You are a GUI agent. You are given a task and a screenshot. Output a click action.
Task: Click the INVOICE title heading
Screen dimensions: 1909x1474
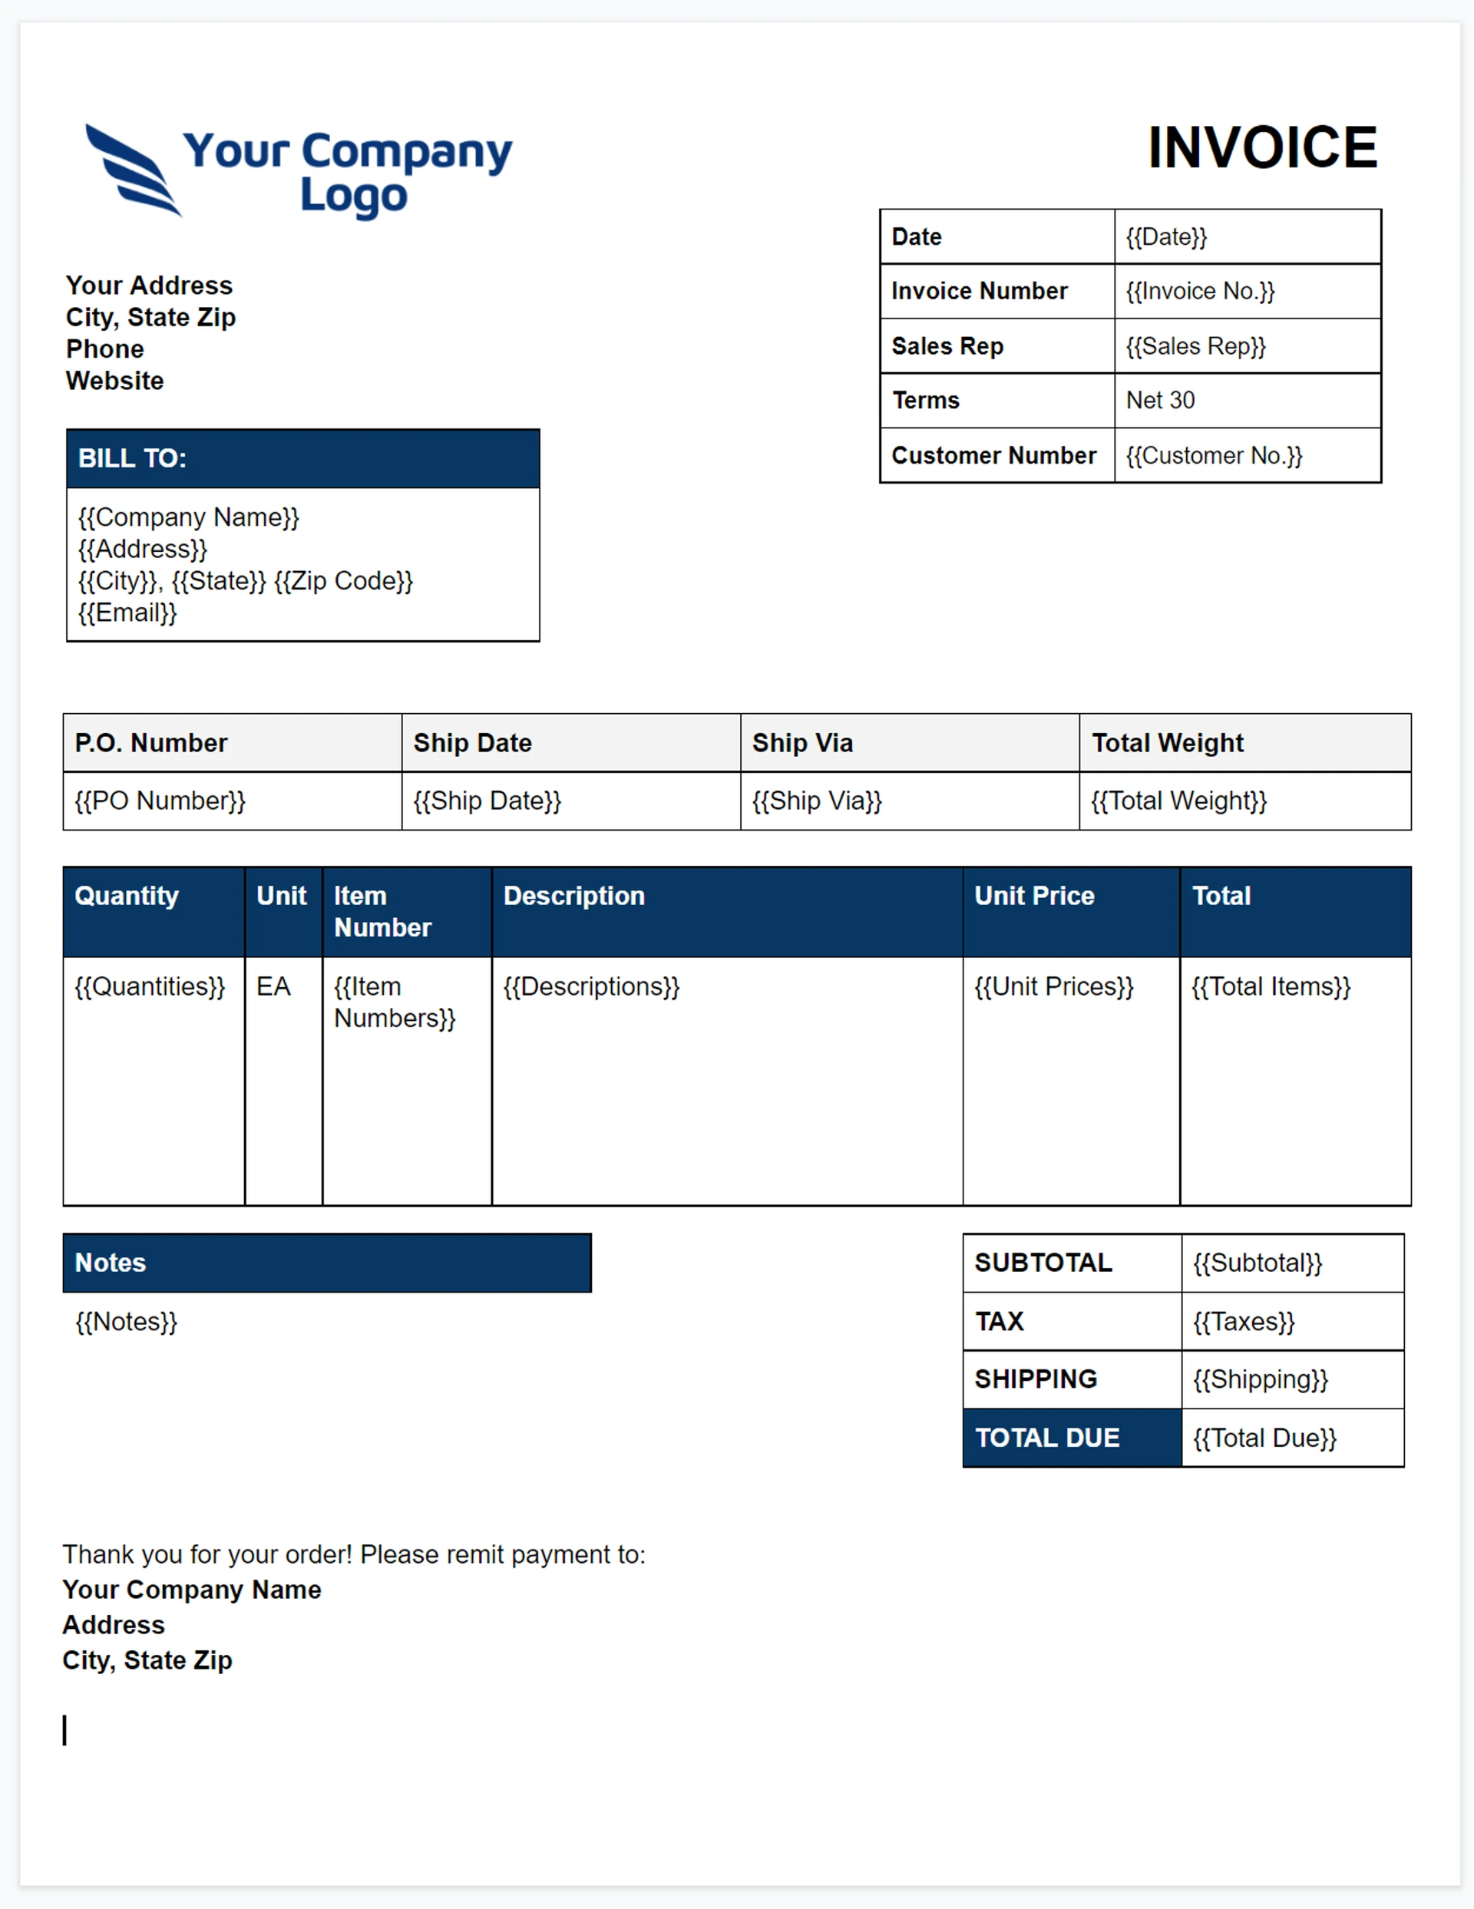(1261, 147)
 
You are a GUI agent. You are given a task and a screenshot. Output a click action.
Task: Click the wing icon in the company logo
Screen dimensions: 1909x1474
(133, 170)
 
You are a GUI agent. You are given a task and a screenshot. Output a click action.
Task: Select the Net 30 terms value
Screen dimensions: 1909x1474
(1159, 401)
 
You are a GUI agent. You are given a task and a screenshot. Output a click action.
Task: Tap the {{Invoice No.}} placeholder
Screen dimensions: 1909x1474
(1199, 291)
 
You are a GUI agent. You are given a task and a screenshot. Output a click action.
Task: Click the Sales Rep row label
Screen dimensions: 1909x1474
(947, 346)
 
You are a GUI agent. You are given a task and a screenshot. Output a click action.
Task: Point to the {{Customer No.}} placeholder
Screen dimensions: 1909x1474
(1214, 455)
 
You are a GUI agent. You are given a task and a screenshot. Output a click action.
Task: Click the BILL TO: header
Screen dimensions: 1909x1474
(133, 458)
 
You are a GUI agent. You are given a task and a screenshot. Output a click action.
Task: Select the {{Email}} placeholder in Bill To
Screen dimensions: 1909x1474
(127, 613)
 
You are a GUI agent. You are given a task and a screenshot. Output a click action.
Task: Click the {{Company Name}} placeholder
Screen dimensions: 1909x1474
(189, 517)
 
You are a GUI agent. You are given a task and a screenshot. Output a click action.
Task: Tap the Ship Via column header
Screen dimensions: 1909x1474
(801, 743)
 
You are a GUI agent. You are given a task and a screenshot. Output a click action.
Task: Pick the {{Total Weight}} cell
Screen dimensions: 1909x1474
(1178, 801)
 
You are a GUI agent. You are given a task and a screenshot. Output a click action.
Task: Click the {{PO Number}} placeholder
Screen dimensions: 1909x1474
(160, 801)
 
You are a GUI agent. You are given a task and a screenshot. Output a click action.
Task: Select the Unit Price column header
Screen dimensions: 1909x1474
(1034, 896)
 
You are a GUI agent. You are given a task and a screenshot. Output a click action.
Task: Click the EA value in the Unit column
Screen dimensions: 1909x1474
(273, 987)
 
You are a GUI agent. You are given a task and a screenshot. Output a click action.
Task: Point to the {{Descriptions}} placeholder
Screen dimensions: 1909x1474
(591, 987)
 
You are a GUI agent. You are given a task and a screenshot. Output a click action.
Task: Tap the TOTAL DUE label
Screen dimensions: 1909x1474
(1046, 1438)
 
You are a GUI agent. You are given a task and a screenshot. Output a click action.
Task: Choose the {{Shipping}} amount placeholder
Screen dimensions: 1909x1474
(1260, 1379)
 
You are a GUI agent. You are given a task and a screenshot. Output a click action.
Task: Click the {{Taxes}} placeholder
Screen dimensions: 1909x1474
(1243, 1322)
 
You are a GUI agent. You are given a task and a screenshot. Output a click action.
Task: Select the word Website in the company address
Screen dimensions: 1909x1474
(114, 381)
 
